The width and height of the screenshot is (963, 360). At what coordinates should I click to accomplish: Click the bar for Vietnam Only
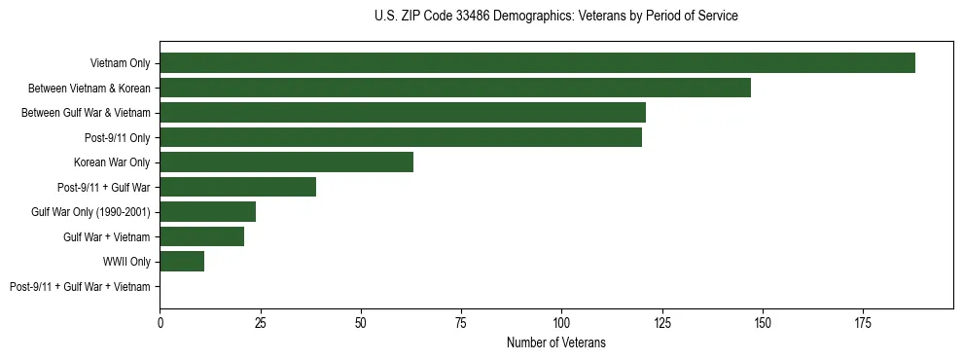click(x=537, y=63)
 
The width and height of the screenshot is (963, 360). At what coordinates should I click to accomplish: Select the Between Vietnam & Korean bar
click(x=455, y=88)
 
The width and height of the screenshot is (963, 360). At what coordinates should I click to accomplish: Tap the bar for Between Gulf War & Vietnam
click(x=403, y=113)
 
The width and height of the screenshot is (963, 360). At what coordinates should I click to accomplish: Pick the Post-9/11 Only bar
click(x=401, y=137)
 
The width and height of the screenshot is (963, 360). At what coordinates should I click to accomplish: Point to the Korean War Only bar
click(x=286, y=162)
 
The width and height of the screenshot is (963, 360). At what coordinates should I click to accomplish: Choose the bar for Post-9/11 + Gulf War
click(x=237, y=187)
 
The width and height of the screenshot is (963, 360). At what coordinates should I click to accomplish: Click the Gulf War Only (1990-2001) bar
click(x=207, y=212)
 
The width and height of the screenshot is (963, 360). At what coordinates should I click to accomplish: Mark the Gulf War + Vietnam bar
click(x=201, y=236)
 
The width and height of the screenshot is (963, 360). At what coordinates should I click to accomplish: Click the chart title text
click(x=555, y=17)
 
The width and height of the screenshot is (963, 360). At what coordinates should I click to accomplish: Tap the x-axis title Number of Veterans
click(x=555, y=342)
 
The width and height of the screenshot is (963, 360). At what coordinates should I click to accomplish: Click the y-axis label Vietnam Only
click(x=120, y=63)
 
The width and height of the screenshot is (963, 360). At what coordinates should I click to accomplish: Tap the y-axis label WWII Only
click(x=126, y=262)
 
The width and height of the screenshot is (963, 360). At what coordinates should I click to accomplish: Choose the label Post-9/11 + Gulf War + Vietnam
click(x=80, y=286)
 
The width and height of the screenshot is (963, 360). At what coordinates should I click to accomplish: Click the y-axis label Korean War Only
click(x=112, y=162)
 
